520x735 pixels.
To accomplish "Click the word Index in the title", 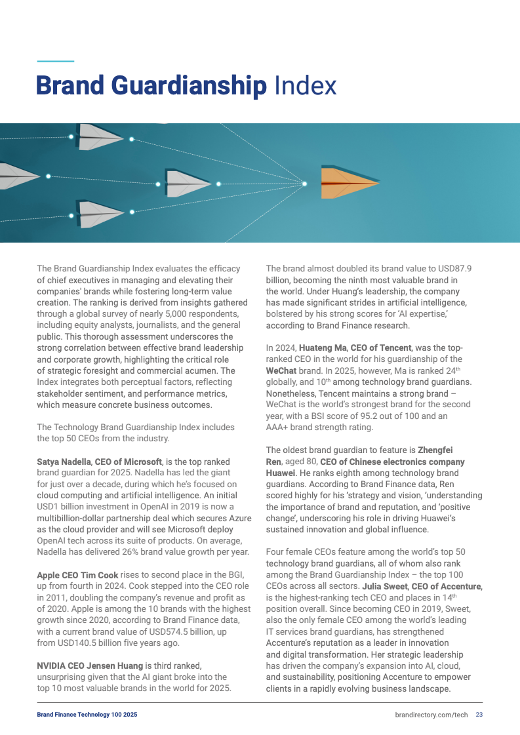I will (305, 86).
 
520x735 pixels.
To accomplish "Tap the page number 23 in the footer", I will (479, 714).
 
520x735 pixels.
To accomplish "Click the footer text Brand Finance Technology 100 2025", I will (87, 714).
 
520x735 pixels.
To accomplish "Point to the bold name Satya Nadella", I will (64, 462).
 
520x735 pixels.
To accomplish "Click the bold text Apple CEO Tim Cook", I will (77, 575).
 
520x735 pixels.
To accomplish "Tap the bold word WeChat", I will (281, 370).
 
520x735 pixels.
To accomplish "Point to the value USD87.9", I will (452, 268).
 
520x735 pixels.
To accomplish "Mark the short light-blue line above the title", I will (55, 61).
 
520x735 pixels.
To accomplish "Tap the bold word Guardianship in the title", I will (190, 86).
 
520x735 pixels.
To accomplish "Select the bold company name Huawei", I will (281, 473).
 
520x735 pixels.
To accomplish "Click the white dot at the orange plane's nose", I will (304, 183).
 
